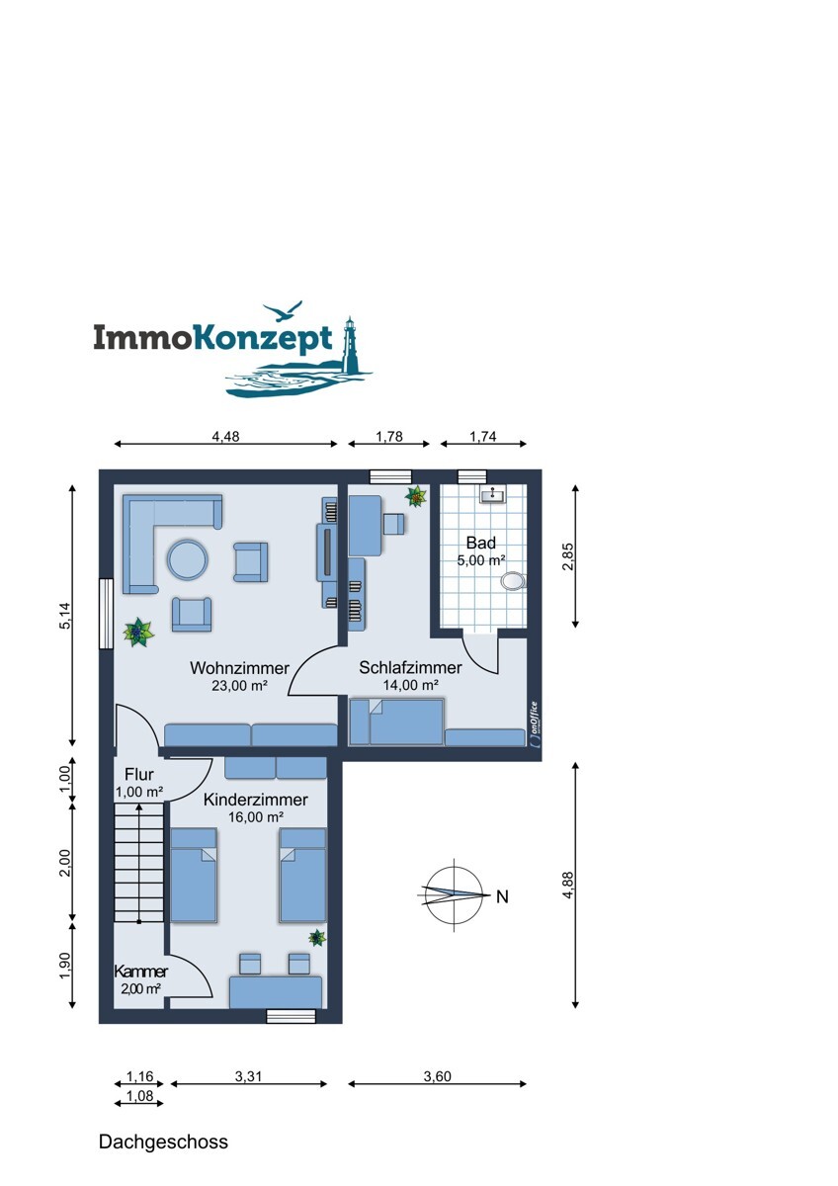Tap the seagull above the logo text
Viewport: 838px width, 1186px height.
(283, 310)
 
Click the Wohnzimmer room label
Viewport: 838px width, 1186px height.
(239, 668)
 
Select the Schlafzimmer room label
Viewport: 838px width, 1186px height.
(410, 667)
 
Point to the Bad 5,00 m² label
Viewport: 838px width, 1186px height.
(480, 551)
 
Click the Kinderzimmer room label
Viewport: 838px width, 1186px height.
(255, 799)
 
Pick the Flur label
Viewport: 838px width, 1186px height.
(139, 774)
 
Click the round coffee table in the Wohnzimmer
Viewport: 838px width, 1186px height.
(188, 559)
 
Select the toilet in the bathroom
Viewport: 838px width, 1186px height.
(513, 581)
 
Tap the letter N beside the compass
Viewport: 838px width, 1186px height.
(502, 896)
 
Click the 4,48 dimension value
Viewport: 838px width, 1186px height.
(225, 436)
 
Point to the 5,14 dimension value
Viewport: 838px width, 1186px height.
(64, 616)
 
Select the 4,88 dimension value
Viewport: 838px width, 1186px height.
(568, 885)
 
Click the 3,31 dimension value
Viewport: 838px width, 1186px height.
(248, 1076)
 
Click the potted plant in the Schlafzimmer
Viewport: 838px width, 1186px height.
(416, 496)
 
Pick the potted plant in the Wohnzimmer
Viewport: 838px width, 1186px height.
(138, 632)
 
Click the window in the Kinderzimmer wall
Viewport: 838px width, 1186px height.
(291, 1016)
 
